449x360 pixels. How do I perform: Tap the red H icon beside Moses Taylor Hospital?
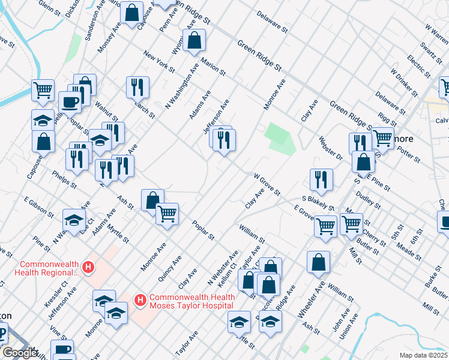140,299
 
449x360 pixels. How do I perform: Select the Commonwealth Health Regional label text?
50,268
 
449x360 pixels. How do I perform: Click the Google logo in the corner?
19,353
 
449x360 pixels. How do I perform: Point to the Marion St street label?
213,66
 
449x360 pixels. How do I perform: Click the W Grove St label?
267,184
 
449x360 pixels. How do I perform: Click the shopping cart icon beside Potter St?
383,138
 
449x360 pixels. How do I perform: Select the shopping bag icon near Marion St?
195,41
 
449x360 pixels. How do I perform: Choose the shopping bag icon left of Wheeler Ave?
318,262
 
